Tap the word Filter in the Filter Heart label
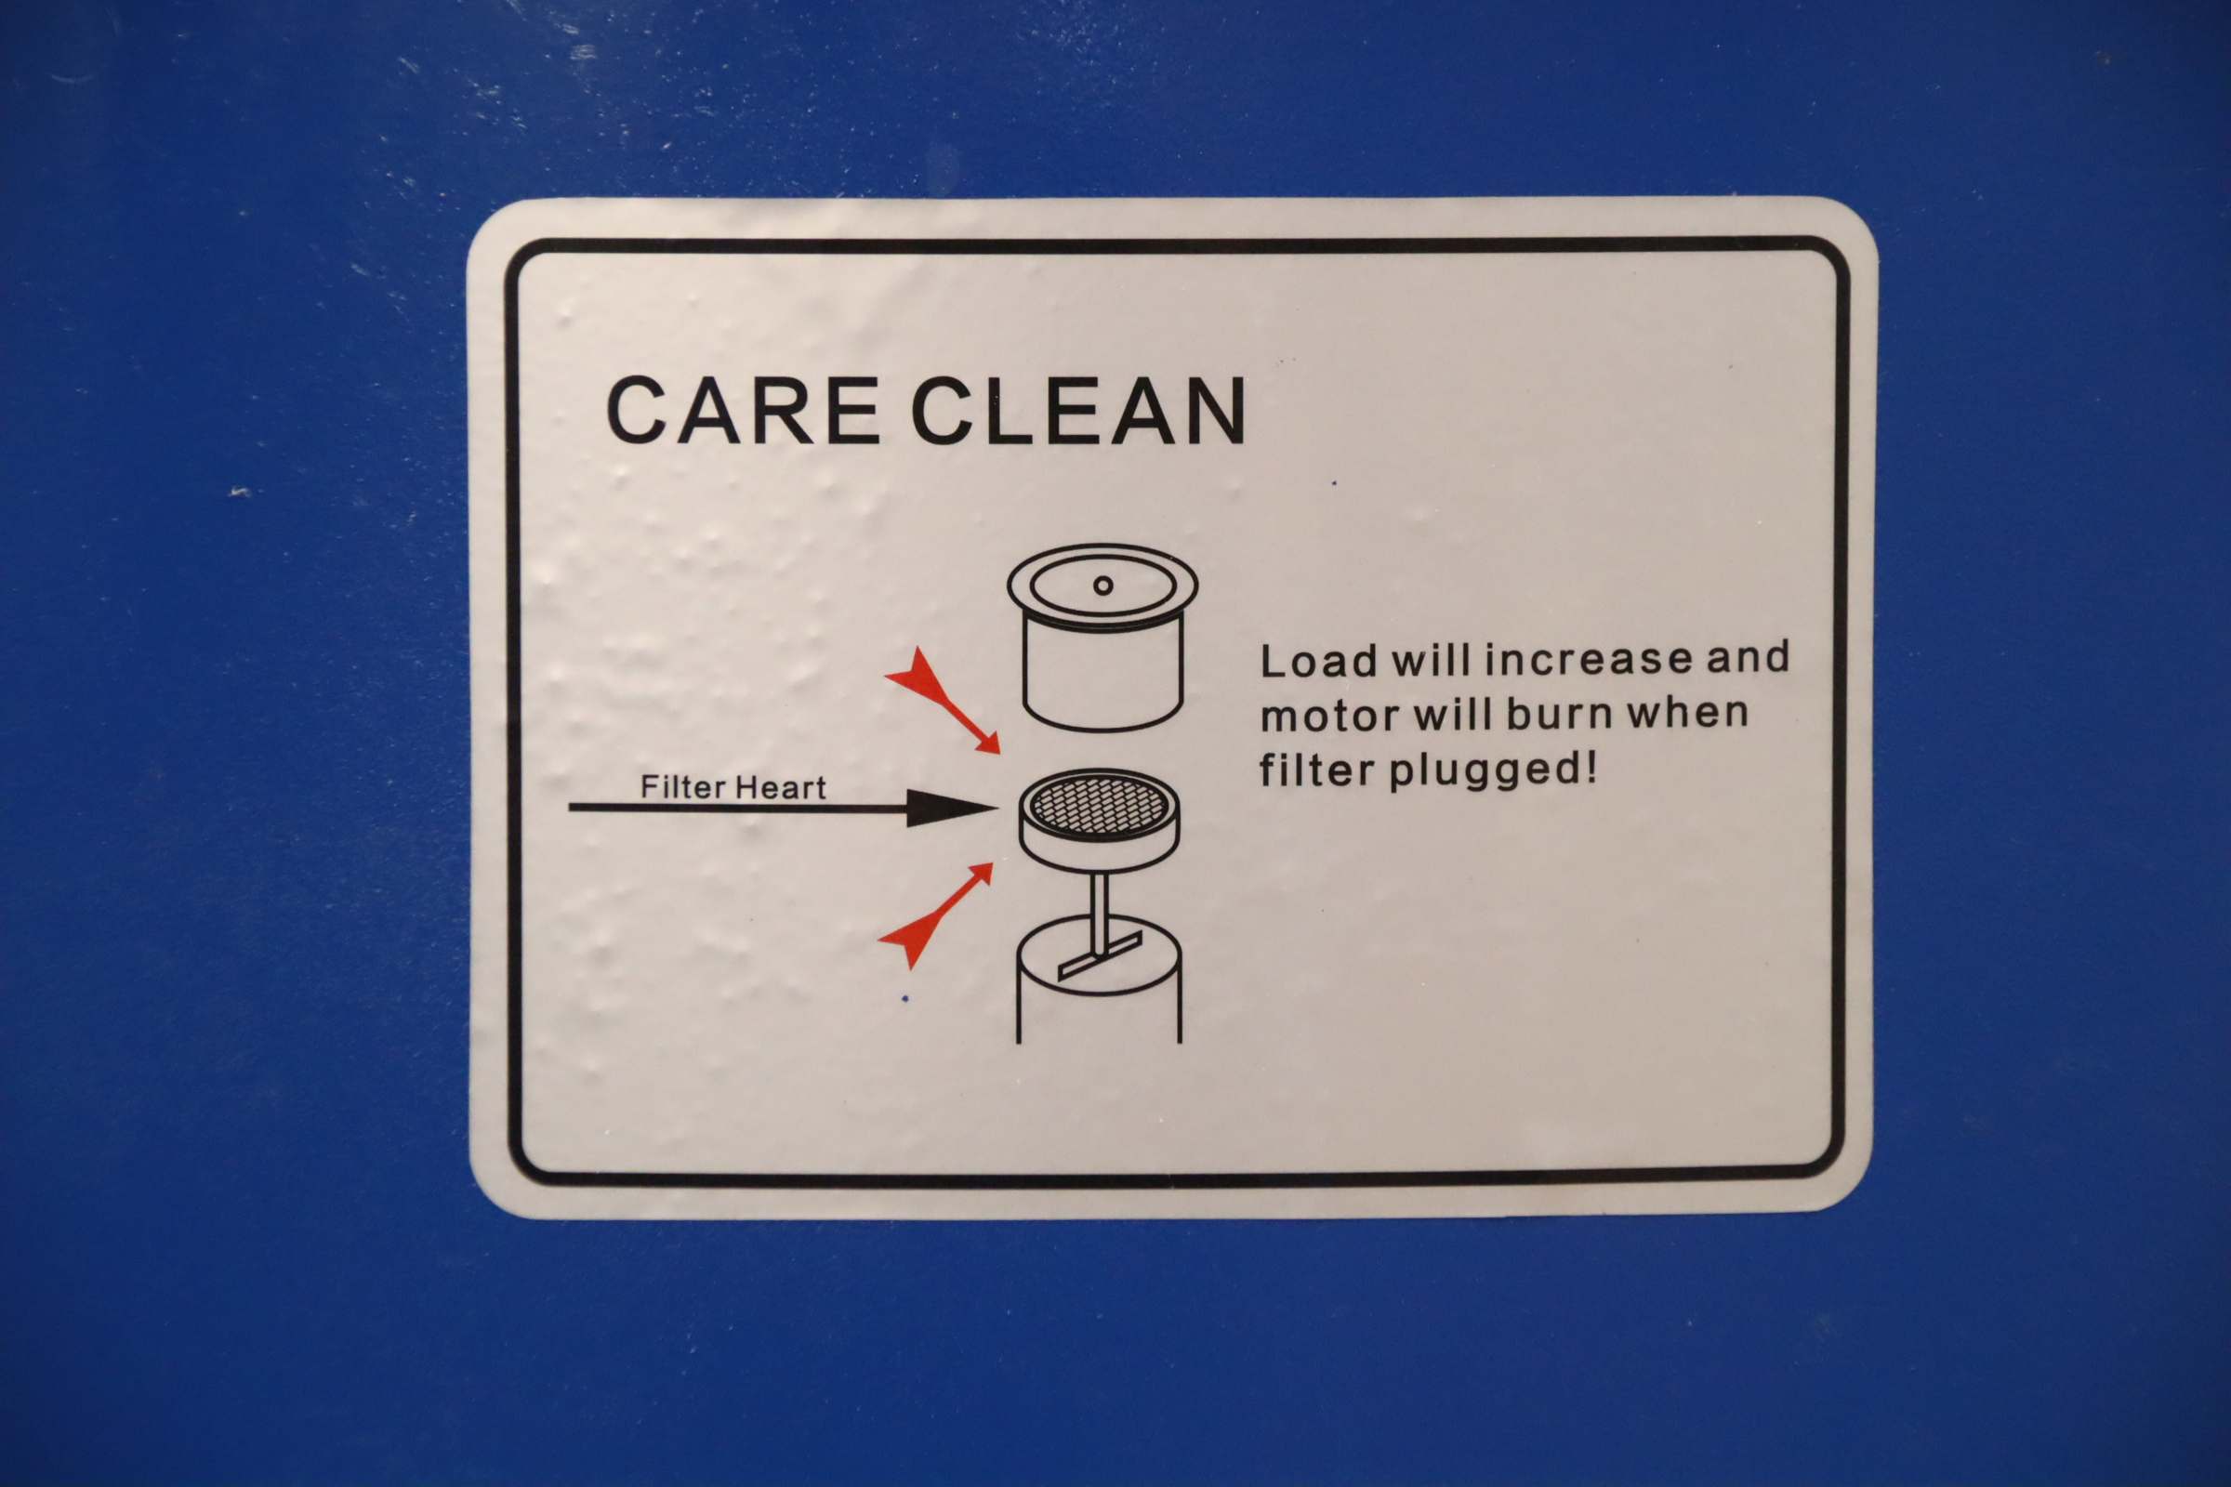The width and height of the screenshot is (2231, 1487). click(x=683, y=786)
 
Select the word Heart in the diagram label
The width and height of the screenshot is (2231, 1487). click(x=780, y=787)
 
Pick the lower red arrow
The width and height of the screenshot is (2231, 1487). click(x=936, y=915)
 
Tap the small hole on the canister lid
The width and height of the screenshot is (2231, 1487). click(x=1102, y=586)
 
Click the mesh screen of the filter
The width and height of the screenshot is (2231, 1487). click(x=1100, y=805)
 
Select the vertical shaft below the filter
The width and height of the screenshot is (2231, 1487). click(x=1100, y=913)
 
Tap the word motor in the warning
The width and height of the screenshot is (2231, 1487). click(x=1329, y=716)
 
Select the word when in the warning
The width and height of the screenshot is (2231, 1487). click(x=1688, y=711)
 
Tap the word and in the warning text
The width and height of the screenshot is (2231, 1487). click(x=1749, y=656)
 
